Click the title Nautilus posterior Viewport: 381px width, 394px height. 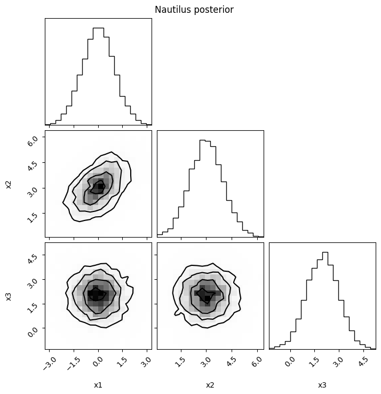194,10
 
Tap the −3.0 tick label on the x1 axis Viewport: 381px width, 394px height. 50,364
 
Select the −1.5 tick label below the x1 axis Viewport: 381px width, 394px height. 74,364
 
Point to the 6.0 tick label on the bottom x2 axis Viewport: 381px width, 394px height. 257,362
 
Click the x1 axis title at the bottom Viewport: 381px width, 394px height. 98,385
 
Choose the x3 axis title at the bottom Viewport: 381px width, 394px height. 322,385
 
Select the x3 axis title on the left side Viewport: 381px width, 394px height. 9,296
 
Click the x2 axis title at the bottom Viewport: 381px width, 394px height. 210,385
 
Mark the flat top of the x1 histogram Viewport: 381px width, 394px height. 98,28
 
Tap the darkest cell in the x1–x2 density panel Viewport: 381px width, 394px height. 101,186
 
